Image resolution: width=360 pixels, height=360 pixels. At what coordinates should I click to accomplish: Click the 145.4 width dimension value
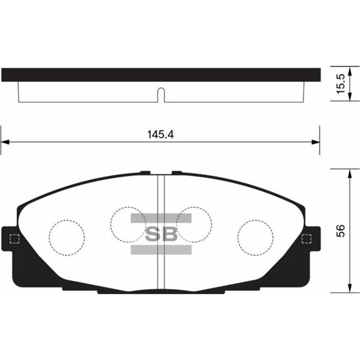160,134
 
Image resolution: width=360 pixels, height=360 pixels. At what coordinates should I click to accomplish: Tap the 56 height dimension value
340,230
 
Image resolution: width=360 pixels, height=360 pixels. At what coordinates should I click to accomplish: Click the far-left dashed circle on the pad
67,238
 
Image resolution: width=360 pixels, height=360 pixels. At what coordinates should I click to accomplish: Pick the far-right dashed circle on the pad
255,238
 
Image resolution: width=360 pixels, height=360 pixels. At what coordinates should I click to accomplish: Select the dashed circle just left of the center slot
128,224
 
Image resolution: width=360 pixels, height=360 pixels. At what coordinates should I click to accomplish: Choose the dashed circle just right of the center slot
194,224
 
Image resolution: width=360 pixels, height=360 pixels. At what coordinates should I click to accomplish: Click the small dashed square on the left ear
14,239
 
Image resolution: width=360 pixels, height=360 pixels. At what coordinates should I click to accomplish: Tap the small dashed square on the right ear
307,239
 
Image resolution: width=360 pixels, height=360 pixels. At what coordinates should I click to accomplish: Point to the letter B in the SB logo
170,235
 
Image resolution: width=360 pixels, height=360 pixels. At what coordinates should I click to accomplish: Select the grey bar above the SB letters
161,219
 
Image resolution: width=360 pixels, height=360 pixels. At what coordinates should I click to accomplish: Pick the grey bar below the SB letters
161,250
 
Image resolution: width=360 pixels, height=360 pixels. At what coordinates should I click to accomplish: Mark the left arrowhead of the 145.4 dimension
5,142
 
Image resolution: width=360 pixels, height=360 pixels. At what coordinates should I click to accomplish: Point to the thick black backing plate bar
160,75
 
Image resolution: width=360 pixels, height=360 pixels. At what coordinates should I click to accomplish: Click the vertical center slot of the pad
160,231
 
